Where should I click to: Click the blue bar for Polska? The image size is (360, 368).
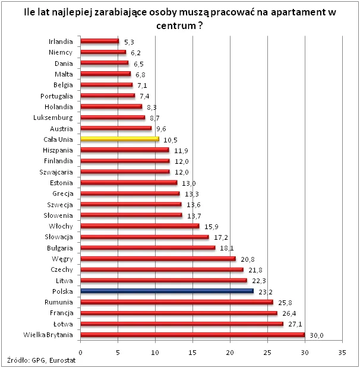coord(166,291)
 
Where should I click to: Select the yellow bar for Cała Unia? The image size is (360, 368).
coord(119,139)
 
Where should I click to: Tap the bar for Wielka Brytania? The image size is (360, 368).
coord(192,335)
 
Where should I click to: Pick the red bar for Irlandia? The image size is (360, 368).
coord(99,42)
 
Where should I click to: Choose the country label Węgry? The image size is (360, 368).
coord(62,259)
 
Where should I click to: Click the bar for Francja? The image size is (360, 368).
coord(178,313)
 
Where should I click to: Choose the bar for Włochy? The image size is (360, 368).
coord(140,226)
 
